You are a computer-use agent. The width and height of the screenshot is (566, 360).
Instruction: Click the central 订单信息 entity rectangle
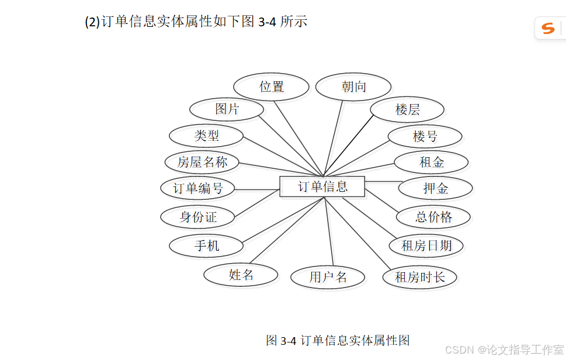322,186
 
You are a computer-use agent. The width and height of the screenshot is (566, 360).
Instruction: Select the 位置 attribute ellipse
271,87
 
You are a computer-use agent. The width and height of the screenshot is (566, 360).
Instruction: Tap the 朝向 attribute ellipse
353,87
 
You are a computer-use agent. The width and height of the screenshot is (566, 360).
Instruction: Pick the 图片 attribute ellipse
227,109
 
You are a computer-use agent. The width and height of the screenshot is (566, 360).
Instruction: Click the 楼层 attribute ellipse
407,110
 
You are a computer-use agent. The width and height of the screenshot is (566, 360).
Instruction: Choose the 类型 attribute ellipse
206,136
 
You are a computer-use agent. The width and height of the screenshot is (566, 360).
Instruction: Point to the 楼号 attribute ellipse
425,137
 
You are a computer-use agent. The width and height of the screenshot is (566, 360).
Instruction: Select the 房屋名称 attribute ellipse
202,162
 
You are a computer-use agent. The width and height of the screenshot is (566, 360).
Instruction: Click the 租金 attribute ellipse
431,162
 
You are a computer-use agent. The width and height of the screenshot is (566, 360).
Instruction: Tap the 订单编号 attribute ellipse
198,189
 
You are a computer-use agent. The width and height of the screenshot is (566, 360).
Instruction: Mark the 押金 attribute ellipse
435,189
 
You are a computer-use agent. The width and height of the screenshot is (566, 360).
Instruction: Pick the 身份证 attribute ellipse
198,217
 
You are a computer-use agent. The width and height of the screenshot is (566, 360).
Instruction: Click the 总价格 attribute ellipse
433,217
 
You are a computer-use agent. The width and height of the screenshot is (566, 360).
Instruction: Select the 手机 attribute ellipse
206,246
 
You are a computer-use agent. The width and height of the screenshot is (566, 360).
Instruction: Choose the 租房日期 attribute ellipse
426,246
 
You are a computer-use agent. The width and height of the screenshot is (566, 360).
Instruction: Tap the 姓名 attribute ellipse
241,275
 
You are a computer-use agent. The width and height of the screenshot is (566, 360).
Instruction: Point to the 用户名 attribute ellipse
328,277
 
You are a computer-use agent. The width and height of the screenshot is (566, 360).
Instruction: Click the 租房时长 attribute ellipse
419,277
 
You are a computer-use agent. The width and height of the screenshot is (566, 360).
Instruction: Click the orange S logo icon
548,27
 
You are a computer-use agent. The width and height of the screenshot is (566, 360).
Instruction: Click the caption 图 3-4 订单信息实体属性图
338,340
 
